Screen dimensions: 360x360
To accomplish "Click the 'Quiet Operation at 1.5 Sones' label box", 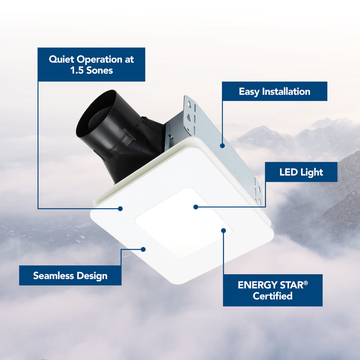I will [x=91, y=64].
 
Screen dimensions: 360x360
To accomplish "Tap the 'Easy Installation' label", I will [x=274, y=91].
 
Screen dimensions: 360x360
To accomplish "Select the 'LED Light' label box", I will [x=301, y=172].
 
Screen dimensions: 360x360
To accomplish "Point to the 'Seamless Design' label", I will [x=70, y=275].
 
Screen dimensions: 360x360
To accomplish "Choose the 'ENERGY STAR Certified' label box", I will [x=273, y=290].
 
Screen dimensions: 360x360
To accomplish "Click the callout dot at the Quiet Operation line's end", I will [x=120, y=208].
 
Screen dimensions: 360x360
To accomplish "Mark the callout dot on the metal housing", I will [x=222, y=146].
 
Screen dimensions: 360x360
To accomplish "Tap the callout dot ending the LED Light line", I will [x=196, y=207].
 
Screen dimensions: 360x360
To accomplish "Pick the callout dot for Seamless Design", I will [x=143, y=249].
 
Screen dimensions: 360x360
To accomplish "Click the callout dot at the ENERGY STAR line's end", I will [x=223, y=230].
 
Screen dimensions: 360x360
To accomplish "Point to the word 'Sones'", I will [x=100, y=70].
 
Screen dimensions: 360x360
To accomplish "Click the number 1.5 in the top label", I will [x=77, y=70].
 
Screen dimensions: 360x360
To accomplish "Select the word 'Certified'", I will [x=273, y=296].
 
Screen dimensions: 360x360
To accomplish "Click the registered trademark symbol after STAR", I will [x=306, y=283].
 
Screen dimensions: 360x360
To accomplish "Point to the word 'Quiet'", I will [x=61, y=59].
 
